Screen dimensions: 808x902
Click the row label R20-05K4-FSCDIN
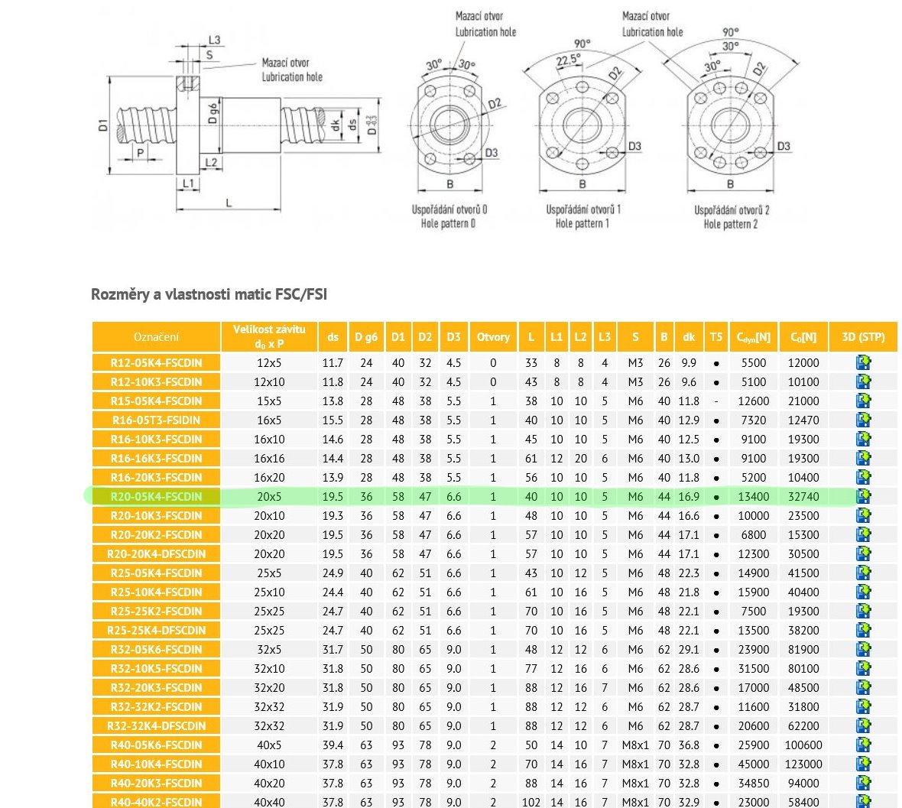click(156, 497)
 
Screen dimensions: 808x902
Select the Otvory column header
click(493, 337)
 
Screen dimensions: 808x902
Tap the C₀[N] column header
click(803, 337)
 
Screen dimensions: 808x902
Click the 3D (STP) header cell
click(863, 337)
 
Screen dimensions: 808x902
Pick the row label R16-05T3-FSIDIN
click(156, 420)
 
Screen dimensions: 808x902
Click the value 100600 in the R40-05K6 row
click(803, 745)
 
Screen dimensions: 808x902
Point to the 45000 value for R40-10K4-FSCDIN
click(754, 764)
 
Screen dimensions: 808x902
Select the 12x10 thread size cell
click(269, 382)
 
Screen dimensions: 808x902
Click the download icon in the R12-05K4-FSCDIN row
click(864, 363)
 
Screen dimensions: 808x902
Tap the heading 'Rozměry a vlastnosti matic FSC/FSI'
click(209, 294)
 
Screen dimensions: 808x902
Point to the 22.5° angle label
click(568, 60)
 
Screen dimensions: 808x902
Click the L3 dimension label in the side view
click(214, 40)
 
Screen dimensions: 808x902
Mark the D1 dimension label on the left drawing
click(103, 124)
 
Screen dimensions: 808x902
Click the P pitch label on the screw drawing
click(140, 153)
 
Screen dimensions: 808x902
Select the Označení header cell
click(156, 337)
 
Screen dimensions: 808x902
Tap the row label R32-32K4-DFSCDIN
click(156, 726)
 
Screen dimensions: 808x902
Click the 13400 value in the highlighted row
click(754, 497)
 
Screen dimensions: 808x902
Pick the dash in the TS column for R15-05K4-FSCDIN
click(715, 401)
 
